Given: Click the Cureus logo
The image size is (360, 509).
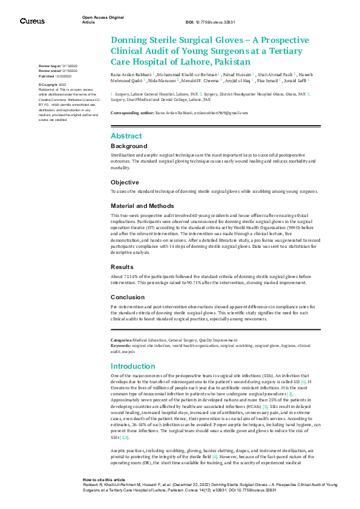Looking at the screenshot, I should pos(31,21).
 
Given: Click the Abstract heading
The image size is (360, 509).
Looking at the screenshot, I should pos(126,136).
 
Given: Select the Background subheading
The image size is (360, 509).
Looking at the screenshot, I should pos(129,146).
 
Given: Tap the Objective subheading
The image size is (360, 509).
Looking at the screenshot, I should pos(125,182).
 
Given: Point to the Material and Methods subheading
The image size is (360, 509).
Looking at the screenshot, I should pos(142,206).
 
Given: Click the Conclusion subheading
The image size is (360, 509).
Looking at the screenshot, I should pos(128,297).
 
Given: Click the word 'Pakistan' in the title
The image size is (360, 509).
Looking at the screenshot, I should pos(228,62).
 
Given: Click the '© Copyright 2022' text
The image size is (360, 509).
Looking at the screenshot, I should pos(53,85).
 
